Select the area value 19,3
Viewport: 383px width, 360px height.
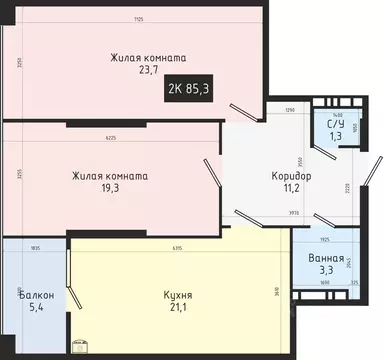click(x=110, y=189)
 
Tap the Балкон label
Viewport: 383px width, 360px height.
click(x=35, y=295)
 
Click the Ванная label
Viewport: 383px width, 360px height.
click(x=327, y=257)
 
